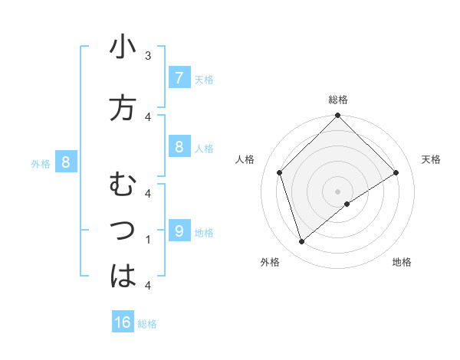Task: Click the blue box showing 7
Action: (179, 78)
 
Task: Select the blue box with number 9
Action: (179, 231)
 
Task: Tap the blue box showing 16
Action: (123, 322)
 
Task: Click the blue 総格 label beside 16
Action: (147, 324)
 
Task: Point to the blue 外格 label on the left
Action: (41, 163)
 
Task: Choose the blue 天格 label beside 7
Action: (204, 79)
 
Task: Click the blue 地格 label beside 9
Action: (204, 232)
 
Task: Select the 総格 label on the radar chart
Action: (338, 100)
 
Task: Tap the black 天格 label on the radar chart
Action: (432, 159)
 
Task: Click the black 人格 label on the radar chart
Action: (245, 159)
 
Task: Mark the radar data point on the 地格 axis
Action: (347, 204)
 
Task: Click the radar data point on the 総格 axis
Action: (337, 116)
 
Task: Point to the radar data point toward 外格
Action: (302, 242)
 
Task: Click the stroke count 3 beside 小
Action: (148, 55)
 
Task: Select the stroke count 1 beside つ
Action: (148, 239)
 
